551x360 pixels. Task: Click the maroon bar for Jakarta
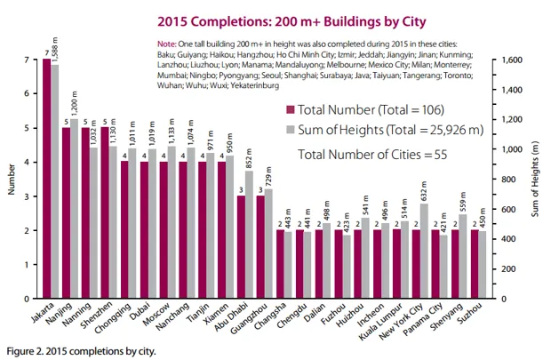click(x=47, y=178)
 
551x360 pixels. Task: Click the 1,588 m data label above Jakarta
click(x=56, y=49)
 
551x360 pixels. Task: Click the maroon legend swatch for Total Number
click(x=290, y=110)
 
